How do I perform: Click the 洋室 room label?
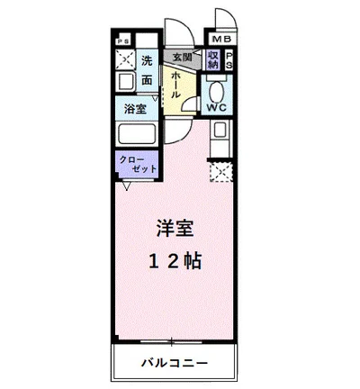pyautogui.click(x=176, y=229)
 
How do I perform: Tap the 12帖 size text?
pyautogui.click(x=176, y=261)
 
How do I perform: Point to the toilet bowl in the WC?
pyautogui.click(x=216, y=90)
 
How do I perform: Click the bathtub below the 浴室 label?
pyautogui.click(x=139, y=136)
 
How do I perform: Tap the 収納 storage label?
pyautogui.click(x=212, y=60)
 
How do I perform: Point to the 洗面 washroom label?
pyautogui.click(x=147, y=71)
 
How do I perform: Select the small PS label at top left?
pyautogui.click(x=123, y=42)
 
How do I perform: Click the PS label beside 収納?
pyautogui.click(x=229, y=59)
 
